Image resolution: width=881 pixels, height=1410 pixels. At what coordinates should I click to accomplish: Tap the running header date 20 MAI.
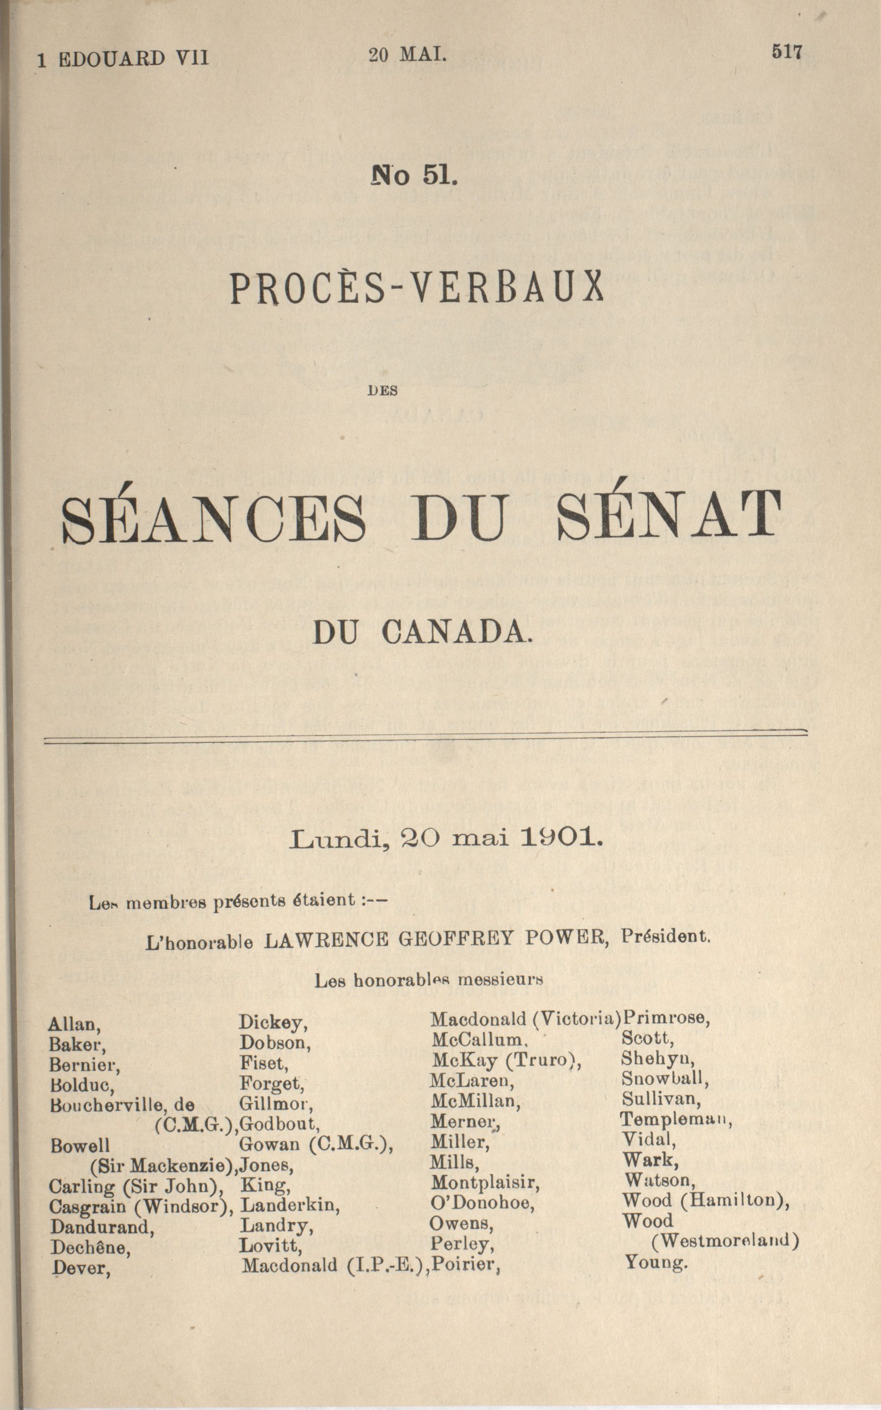pos(408,55)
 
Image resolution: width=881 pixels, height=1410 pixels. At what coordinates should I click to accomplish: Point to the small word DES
pos(383,392)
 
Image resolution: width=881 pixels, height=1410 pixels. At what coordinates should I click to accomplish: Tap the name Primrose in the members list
pos(665,1018)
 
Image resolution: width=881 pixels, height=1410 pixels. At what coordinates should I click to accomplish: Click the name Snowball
pos(665,1078)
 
